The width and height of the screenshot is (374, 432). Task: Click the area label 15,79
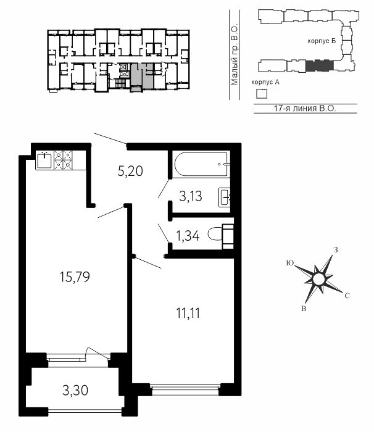pyautogui.click(x=75, y=277)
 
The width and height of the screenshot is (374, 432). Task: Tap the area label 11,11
pyautogui.click(x=188, y=313)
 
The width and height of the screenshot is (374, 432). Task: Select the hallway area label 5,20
pyautogui.click(x=130, y=171)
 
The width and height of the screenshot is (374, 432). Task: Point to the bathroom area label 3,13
pyautogui.click(x=191, y=196)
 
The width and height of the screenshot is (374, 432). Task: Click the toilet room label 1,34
pyautogui.click(x=188, y=236)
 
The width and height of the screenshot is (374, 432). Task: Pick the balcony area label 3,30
pyautogui.click(x=75, y=391)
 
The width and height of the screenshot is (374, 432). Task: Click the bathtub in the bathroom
pyautogui.click(x=201, y=164)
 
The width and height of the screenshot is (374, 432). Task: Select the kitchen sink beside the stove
pyautogui.click(x=44, y=160)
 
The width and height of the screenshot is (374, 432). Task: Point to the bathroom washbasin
pyautogui.click(x=225, y=197)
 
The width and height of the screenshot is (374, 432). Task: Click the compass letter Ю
pyautogui.click(x=289, y=263)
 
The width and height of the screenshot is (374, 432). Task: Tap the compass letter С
pyautogui.click(x=347, y=296)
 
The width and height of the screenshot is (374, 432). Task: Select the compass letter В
pyautogui.click(x=304, y=309)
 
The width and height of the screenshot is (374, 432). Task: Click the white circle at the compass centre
pyautogui.click(x=318, y=279)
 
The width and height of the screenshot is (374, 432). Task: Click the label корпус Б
pyautogui.click(x=322, y=41)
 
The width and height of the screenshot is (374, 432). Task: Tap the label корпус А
pyautogui.click(x=265, y=82)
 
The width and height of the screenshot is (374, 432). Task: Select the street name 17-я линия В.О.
pyautogui.click(x=305, y=108)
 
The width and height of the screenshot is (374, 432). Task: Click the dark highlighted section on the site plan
pyautogui.click(x=320, y=65)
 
